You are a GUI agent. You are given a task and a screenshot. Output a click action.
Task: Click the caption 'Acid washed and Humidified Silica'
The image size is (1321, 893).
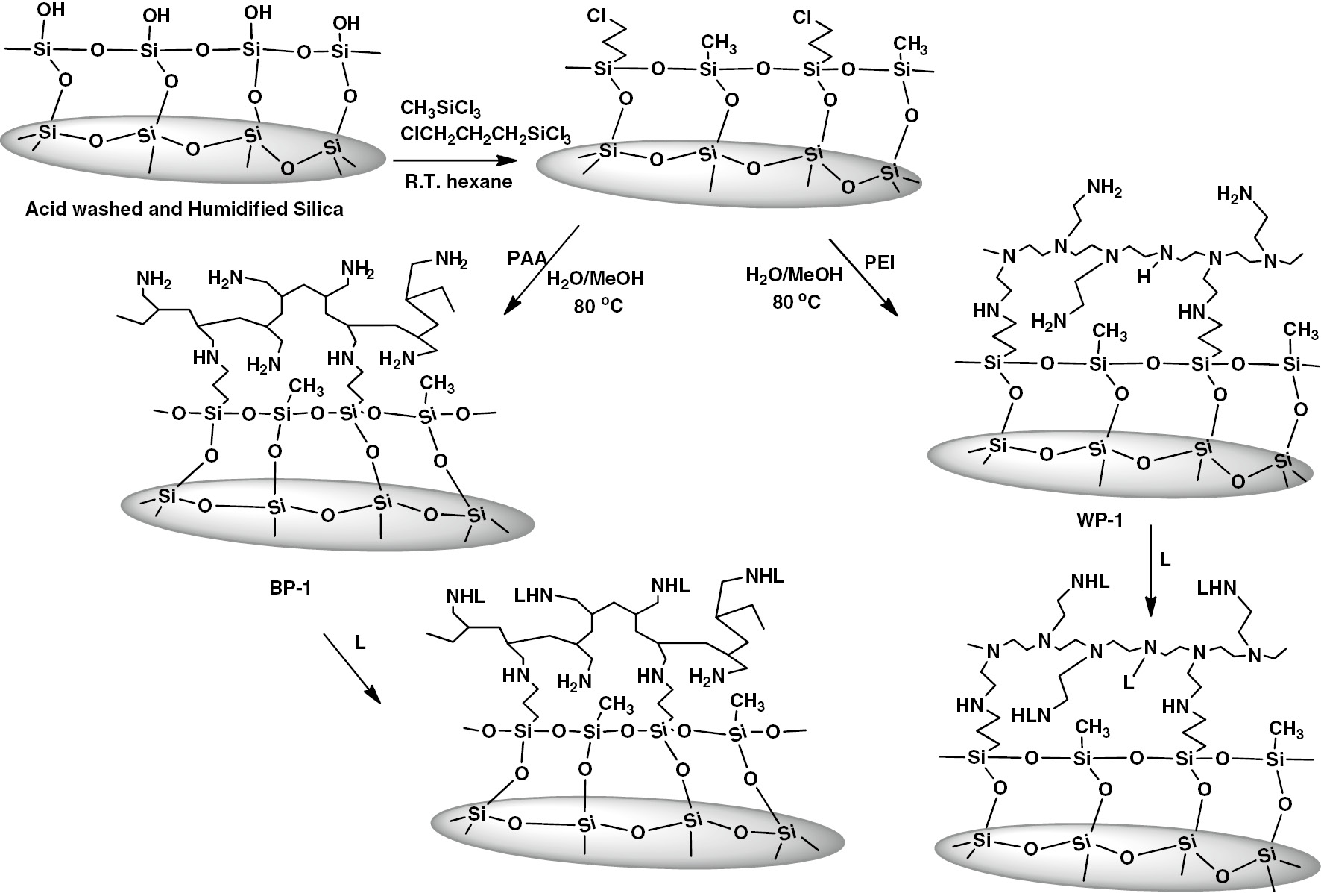click(184, 209)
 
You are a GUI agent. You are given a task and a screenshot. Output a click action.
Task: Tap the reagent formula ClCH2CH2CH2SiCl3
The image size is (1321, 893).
click(485, 134)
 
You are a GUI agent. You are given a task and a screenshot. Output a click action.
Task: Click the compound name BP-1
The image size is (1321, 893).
click(289, 587)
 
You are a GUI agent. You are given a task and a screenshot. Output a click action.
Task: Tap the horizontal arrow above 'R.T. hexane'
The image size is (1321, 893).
click(445, 160)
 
